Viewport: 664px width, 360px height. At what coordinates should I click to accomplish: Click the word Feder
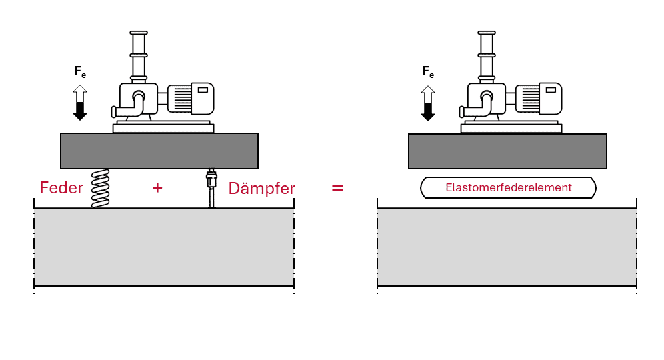tap(61, 188)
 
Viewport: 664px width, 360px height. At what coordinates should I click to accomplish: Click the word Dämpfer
tap(261, 189)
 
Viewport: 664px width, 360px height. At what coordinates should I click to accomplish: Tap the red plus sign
tap(157, 188)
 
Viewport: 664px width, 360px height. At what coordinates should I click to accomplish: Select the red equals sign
tap(337, 188)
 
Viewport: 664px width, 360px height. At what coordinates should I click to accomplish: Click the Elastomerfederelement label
tap(508, 188)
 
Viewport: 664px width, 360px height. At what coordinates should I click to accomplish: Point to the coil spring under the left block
tap(100, 188)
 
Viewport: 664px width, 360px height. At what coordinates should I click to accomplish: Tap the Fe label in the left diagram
tap(80, 72)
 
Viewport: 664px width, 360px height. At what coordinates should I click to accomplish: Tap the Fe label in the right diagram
tap(428, 72)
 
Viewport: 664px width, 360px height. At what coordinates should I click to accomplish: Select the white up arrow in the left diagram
tap(80, 93)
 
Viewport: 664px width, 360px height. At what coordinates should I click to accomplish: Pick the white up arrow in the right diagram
tap(428, 93)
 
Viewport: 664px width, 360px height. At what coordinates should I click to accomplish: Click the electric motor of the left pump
tap(190, 98)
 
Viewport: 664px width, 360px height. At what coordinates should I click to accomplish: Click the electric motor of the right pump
tap(538, 98)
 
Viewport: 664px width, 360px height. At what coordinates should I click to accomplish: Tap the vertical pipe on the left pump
tap(138, 57)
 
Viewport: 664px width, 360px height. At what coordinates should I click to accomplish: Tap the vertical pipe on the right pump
tap(486, 57)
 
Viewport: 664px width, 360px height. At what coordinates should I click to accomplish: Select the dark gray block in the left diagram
tap(159, 151)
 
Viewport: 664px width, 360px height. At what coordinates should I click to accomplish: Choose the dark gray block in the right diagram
tap(507, 151)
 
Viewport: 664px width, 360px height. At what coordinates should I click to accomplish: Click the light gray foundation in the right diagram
tap(507, 247)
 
